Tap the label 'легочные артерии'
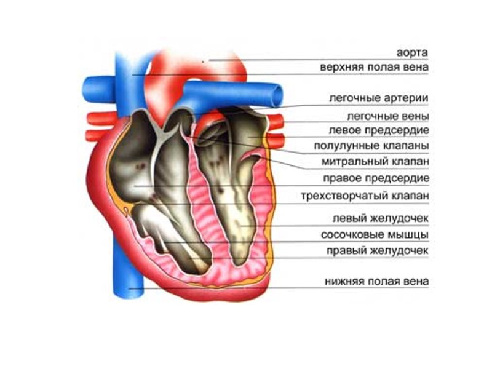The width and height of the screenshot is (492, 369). click(x=378, y=98)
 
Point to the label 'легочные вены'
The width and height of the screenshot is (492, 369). click(x=387, y=116)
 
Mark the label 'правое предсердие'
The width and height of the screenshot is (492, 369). click(x=376, y=178)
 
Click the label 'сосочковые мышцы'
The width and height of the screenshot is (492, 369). click(x=375, y=235)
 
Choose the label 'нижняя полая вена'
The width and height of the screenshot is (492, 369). click(x=376, y=282)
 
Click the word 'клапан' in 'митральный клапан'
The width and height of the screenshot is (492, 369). click(x=410, y=162)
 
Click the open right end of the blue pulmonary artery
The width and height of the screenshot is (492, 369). click(x=277, y=94)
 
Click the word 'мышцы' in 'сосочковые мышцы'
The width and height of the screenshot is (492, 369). click(x=412, y=235)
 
